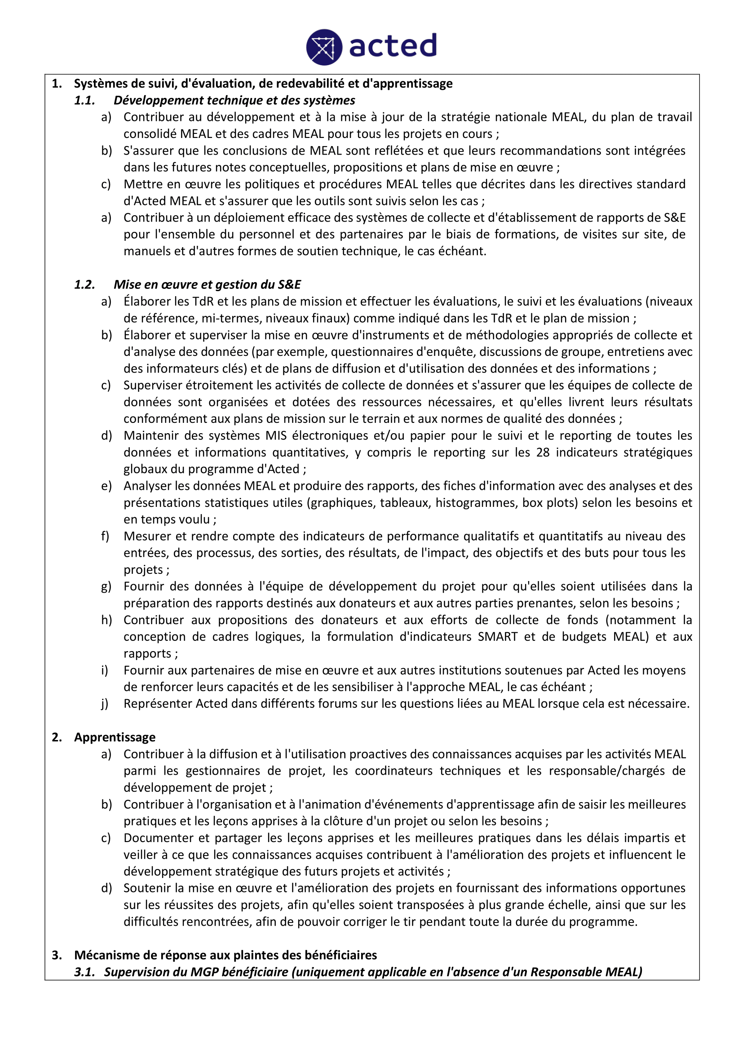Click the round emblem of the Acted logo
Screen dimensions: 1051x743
[x=324, y=47]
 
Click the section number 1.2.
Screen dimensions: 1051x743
[x=84, y=285]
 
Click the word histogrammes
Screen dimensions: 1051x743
[x=477, y=503]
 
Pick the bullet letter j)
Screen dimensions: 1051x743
[x=105, y=704]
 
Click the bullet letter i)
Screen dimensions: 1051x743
[x=105, y=670]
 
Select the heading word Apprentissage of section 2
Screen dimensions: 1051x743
[x=115, y=737]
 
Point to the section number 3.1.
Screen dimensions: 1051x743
[x=84, y=972]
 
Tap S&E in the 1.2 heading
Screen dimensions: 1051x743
[x=289, y=285]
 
